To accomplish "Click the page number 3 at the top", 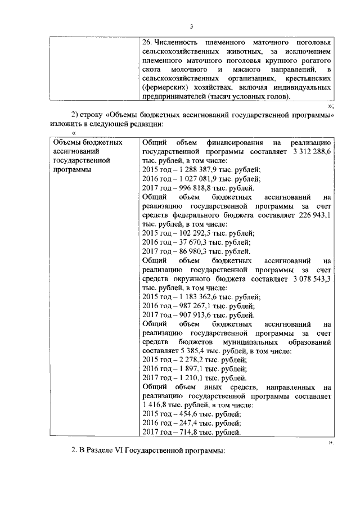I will pos(191,27).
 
